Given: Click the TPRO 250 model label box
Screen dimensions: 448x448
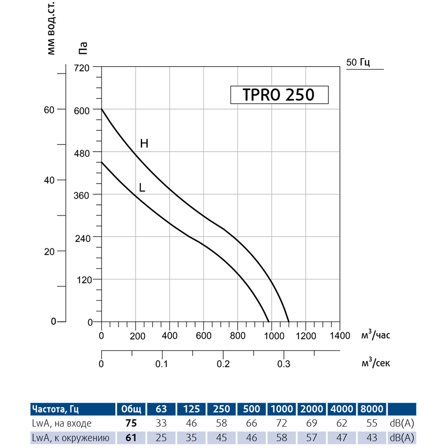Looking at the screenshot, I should [x=278, y=95].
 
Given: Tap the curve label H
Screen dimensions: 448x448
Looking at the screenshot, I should [x=144, y=144].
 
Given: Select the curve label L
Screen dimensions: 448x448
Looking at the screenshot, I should [x=142, y=187].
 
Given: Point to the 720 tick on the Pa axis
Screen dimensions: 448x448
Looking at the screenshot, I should [x=83, y=67].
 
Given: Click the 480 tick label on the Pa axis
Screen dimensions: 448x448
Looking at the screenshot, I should [x=83, y=152].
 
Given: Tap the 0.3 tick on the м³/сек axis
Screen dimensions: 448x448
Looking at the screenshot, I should [x=284, y=364].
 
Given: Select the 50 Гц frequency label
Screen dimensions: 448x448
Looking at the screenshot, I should [x=358, y=63].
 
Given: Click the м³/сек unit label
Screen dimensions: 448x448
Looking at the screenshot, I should [x=376, y=364].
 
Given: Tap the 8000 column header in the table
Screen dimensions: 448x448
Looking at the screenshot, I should [x=371, y=408].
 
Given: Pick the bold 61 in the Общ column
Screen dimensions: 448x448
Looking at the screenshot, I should [x=131, y=438].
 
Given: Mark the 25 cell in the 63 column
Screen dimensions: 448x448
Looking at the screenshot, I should [x=161, y=438].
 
